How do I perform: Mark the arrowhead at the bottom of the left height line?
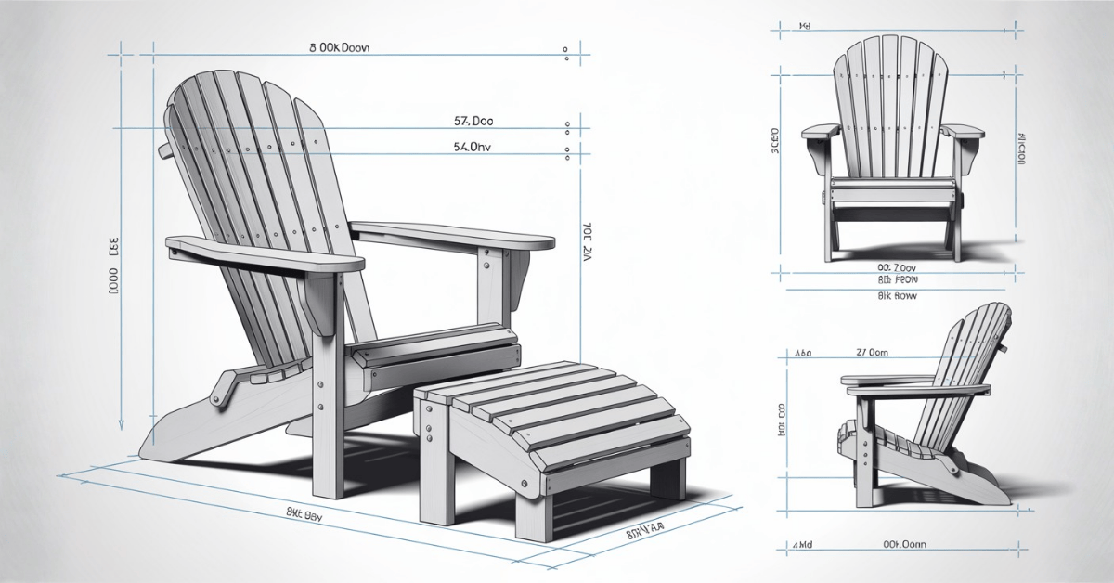click(x=121, y=424)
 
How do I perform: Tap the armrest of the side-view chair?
click(x=882, y=381)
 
